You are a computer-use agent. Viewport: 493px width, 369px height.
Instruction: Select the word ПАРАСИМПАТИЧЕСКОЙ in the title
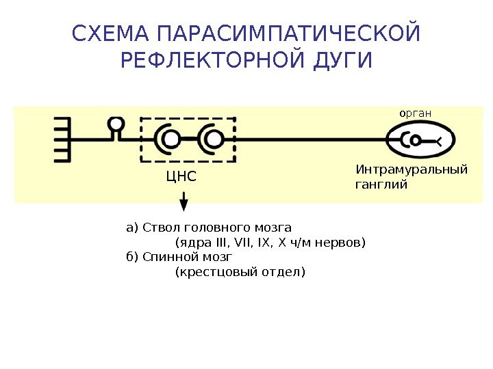point(288,33)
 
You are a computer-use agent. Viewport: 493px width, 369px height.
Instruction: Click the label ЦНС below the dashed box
point(181,178)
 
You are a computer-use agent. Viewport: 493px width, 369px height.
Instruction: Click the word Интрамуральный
point(412,169)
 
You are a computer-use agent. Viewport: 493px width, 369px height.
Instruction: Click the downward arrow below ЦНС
point(184,202)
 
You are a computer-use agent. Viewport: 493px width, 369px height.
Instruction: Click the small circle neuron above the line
point(117,124)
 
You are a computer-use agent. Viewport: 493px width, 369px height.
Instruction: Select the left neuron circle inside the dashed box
point(171,140)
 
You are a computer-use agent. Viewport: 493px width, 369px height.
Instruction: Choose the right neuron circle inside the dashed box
point(214,140)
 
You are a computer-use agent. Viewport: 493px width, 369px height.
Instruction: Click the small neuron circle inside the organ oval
point(414,140)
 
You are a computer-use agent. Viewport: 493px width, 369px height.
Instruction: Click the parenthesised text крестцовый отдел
point(240,272)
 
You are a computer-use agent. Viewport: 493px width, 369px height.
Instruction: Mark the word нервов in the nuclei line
point(340,243)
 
